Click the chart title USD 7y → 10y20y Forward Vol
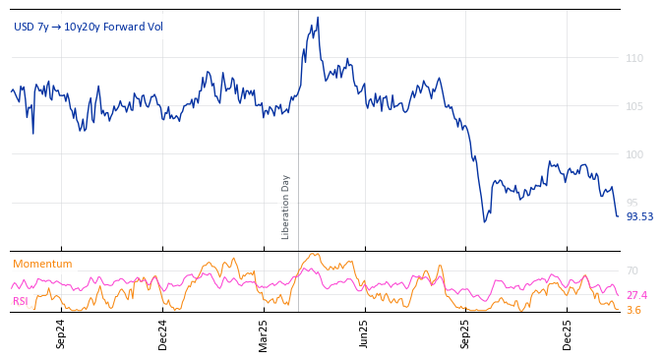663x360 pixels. coord(89,27)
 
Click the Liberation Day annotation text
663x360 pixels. coord(286,207)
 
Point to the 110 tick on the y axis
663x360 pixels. coord(634,59)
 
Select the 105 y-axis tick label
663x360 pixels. coord(634,106)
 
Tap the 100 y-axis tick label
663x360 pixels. coord(634,154)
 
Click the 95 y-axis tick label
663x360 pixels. coord(632,203)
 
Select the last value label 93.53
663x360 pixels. coord(639,216)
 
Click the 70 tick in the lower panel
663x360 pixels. coord(632,270)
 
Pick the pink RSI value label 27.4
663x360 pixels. coord(636,295)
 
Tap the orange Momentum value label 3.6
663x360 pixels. coord(634,310)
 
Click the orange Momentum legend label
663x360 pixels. coord(42,265)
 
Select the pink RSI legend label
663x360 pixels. coord(21,301)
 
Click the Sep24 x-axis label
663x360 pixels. coord(61,333)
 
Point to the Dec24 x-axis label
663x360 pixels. coord(163,333)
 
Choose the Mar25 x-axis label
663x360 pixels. coord(264,333)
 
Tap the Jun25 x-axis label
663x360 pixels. coord(365,333)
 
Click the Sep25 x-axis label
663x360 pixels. coord(465,333)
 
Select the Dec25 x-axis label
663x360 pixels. coord(568,333)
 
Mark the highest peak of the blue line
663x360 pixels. coord(317,17)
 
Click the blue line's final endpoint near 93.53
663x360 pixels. coord(618,216)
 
